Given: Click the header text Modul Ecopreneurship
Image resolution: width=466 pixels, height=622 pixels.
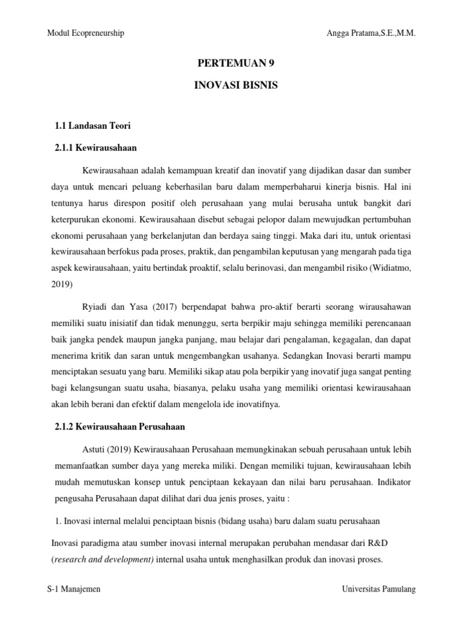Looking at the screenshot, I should (x=86, y=33).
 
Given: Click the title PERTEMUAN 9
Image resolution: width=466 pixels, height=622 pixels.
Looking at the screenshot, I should (x=232, y=63).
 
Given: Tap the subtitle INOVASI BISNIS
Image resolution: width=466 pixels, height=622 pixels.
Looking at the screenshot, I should (x=235, y=86).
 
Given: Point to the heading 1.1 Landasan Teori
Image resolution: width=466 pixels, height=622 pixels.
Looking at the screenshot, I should (x=93, y=126).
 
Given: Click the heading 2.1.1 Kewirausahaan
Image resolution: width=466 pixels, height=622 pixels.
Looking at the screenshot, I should (x=96, y=148).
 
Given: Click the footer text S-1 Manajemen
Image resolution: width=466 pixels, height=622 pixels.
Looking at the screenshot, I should (x=74, y=589).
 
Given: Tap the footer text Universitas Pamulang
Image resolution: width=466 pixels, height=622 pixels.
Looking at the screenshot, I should (x=379, y=589).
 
